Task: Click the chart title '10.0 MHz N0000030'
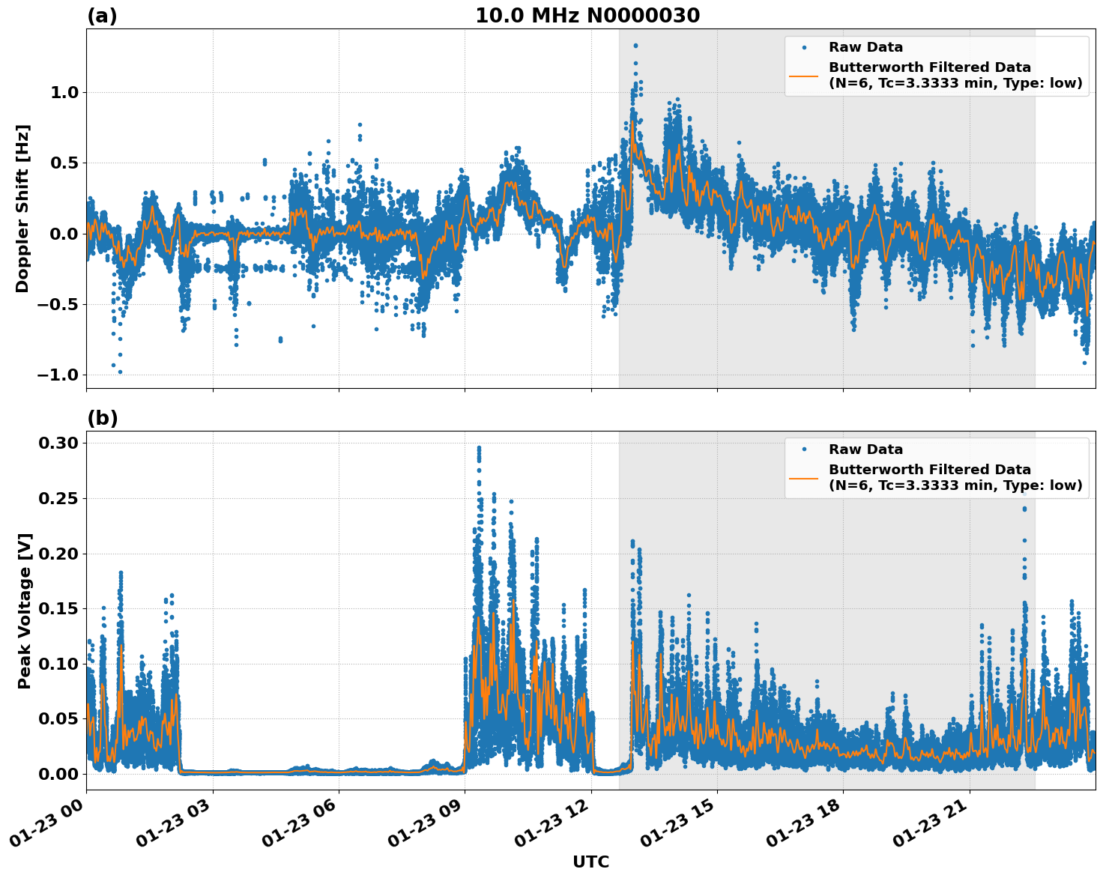click(x=587, y=16)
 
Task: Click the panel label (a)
click(x=102, y=16)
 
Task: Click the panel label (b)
click(x=102, y=418)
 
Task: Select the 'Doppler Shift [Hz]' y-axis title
click(x=22, y=208)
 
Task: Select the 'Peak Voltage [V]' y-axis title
click(x=25, y=611)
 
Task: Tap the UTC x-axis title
click(x=590, y=862)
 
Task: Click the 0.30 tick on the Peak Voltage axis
click(x=58, y=443)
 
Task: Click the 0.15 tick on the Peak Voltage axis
click(x=58, y=608)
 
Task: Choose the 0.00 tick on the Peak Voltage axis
click(x=58, y=773)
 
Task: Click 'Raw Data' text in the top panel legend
click(x=865, y=47)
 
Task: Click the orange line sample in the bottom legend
click(x=804, y=477)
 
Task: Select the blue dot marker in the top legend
click(x=804, y=47)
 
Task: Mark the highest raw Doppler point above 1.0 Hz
click(x=635, y=46)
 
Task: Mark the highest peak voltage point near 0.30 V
click(x=479, y=448)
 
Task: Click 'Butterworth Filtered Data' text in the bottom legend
click(x=929, y=470)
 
